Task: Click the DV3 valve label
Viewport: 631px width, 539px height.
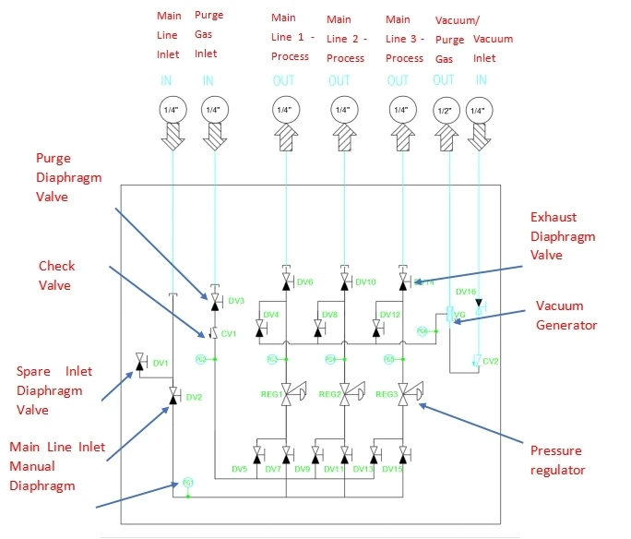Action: coord(236,301)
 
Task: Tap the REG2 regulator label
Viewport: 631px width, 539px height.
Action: coord(329,393)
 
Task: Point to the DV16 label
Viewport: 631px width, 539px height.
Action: coord(466,291)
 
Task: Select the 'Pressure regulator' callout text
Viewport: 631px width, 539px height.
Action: coord(558,460)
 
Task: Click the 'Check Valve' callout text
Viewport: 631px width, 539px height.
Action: coord(56,276)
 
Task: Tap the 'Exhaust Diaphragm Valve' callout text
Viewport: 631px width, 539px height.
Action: coord(563,236)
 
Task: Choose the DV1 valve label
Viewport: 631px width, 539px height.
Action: coord(160,363)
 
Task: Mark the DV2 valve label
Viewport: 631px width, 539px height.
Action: coord(193,398)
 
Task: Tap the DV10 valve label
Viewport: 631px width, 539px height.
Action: coord(365,281)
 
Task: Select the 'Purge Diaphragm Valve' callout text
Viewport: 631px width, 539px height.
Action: coord(65,177)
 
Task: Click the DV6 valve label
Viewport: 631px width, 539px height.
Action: coord(306,281)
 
